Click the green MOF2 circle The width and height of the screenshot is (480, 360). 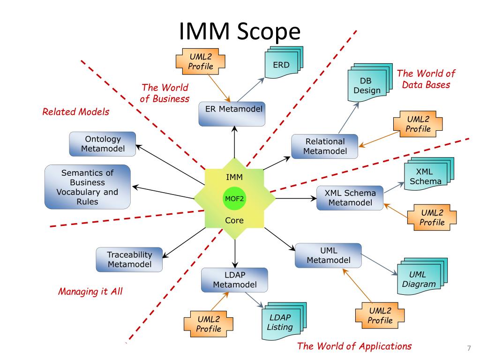click(234, 198)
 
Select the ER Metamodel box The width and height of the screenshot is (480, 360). click(232, 113)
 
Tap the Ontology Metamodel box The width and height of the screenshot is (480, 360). click(103, 144)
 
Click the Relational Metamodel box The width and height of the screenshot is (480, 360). click(324, 146)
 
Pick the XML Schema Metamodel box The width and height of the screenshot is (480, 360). click(350, 197)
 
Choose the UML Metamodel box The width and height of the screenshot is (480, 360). click(328, 255)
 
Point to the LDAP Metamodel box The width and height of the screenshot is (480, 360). click(234, 279)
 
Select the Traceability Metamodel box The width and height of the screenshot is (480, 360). click(130, 259)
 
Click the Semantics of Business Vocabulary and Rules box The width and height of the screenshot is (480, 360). click(87, 187)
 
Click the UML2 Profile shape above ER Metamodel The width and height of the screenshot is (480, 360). click(200, 62)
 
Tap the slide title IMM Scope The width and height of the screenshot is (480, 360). click(239, 32)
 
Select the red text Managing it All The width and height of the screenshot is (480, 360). click(90, 292)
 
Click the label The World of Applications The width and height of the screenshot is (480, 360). click(354, 346)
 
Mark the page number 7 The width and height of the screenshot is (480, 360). click(468, 348)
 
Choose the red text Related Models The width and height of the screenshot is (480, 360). click(75, 112)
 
